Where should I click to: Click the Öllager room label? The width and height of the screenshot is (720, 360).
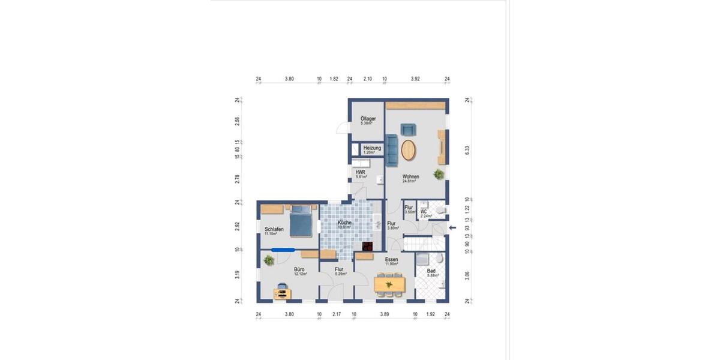coord(368,119)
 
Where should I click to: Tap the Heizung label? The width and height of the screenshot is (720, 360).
coord(372,148)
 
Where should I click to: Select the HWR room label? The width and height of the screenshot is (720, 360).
coord(361,172)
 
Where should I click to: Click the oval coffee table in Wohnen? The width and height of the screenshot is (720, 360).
coord(409,150)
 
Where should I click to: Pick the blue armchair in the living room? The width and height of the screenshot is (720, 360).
coord(408,129)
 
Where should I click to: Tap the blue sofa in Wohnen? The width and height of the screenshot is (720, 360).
coord(392,150)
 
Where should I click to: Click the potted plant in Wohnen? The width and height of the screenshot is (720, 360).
coord(439,175)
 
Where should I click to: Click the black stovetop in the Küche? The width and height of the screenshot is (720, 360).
coord(367,245)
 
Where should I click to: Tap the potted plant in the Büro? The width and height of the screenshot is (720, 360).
coord(269,260)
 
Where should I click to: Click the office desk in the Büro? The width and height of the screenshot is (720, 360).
coord(281,293)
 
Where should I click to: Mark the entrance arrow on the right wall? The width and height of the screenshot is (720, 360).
coord(453,227)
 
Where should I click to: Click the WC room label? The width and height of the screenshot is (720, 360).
coord(423,212)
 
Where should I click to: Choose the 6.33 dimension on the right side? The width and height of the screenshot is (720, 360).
coord(467,150)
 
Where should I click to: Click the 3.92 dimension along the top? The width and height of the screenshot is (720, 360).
coord(415,79)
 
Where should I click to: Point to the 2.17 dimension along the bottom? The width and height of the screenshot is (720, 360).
coord(336,314)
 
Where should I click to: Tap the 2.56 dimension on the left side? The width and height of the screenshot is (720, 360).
coord(238,121)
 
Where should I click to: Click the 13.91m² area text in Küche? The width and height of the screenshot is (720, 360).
coord(344,227)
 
